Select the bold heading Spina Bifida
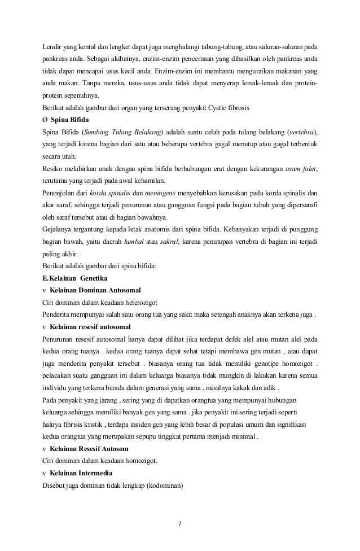click(x=72, y=120)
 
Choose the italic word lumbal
click(x=134, y=242)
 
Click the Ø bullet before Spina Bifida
click(x=45, y=120)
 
